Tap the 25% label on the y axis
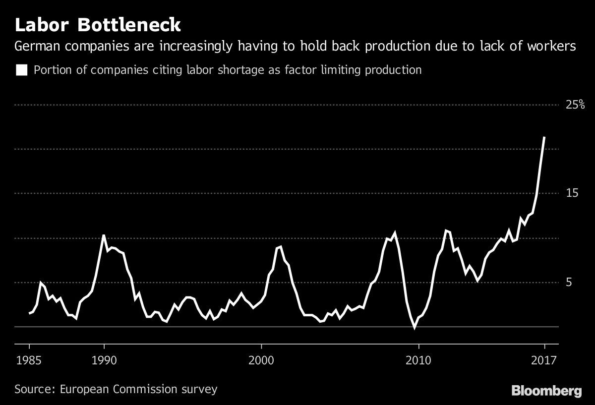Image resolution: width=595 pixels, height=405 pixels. point(576,105)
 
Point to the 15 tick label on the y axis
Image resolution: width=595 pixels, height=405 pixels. point(572,193)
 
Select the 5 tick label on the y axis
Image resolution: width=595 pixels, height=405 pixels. point(569,282)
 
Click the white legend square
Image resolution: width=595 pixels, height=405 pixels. point(21,70)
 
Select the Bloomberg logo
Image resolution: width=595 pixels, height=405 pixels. point(546,391)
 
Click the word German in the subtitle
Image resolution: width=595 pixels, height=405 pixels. point(37,47)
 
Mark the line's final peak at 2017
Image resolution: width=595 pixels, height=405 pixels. point(544,137)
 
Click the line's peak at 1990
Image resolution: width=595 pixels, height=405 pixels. point(104,235)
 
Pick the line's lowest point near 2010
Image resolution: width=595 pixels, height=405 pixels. point(415,327)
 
